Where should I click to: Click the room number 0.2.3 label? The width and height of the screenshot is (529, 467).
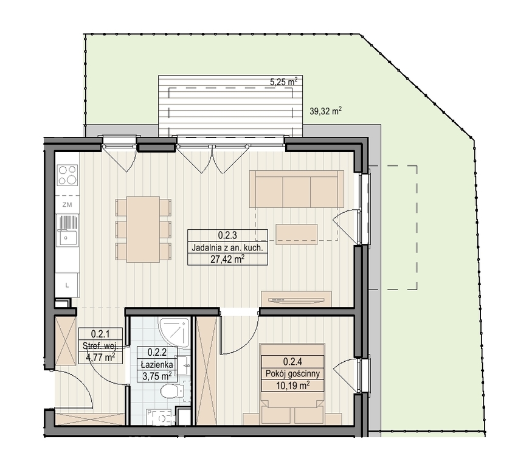[227, 235]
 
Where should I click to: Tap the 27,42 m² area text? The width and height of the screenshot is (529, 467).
[227, 259]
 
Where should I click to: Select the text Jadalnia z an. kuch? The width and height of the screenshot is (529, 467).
[227, 247]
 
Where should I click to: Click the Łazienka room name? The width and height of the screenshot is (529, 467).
[157, 364]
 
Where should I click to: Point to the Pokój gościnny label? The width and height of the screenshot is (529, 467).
[292, 373]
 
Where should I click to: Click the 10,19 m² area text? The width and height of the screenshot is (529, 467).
[292, 386]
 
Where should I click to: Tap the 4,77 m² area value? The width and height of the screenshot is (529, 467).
[100, 357]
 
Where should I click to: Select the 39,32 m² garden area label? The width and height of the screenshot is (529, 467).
[325, 111]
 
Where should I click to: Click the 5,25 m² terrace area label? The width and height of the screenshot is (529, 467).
[284, 81]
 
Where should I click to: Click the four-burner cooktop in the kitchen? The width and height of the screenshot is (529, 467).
[68, 175]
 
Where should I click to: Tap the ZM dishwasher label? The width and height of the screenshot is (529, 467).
[67, 204]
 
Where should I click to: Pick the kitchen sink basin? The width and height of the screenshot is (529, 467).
[67, 238]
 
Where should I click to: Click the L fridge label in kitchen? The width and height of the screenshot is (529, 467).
[67, 285]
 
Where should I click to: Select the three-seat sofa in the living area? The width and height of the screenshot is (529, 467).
[297, 189]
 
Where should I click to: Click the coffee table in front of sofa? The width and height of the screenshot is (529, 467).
[297, 234]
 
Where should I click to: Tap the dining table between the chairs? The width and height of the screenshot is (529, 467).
[143, 229]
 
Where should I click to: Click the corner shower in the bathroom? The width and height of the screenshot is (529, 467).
[173, 333]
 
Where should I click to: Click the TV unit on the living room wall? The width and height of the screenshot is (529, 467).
[297, 299]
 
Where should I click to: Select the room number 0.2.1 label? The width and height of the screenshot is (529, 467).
[100, 334]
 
